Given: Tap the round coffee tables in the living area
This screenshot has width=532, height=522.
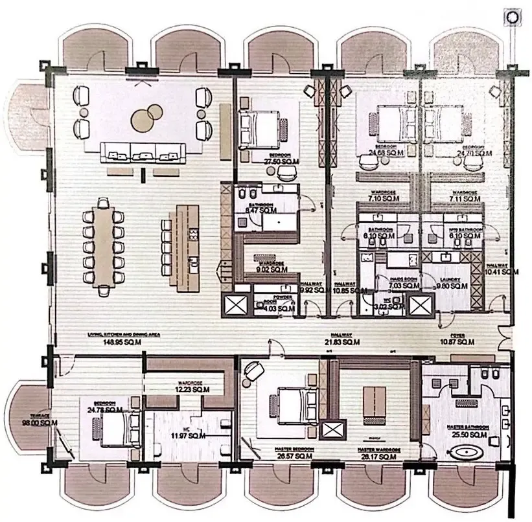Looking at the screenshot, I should coord(147,117).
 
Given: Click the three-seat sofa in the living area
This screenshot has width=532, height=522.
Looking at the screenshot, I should coord(143,153).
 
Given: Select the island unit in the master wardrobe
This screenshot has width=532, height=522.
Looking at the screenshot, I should coord(372,401).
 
